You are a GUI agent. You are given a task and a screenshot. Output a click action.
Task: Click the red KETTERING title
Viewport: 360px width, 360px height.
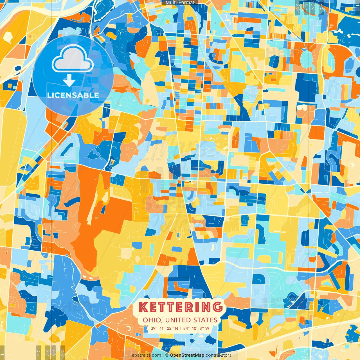[x=180, y=307]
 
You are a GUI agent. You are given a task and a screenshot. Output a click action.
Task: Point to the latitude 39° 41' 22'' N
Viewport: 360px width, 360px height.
[x=164, y=328]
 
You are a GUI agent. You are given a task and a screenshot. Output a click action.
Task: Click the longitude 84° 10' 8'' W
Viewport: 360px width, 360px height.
[x=196, y=328]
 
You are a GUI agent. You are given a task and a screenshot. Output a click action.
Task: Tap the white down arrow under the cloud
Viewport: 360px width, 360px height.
[x=69, y=81]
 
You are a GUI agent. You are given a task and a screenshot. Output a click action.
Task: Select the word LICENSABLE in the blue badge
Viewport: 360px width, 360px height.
[x=73, y=95]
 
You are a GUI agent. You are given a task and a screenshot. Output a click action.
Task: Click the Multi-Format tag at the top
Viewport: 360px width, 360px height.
[x=180, y=3]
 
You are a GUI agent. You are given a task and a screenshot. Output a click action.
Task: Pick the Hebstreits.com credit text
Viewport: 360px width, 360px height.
[x=145, y=355]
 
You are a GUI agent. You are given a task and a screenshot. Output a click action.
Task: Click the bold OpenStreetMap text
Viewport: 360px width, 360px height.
[x=187, y=355]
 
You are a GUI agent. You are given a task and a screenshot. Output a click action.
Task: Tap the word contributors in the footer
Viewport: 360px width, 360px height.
[x=219, y=355]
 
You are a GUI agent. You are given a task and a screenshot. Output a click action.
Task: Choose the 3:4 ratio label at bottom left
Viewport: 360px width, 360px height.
[x=47, y=352]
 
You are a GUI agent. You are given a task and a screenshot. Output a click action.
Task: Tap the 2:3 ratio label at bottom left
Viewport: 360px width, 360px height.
[x=62, y=352]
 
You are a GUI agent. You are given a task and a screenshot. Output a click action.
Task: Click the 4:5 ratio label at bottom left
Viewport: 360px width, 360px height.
[x=38, y=352]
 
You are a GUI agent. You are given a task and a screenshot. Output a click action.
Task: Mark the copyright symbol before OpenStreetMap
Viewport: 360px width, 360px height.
[x=166, y=355]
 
